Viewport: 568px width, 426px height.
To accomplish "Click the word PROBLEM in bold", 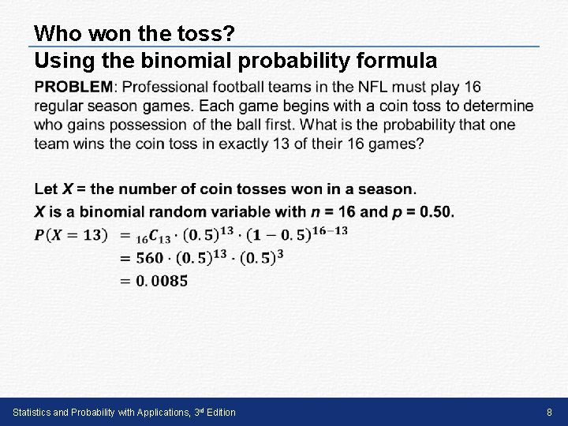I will pos(74,86).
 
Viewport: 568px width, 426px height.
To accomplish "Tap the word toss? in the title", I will pos(207,34).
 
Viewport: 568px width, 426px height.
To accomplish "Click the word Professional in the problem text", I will pos(168,86).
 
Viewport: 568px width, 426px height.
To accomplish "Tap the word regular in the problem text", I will pos(60,106).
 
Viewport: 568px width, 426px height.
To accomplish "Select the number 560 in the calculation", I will pos(149,257).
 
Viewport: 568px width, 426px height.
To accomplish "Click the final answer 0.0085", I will pos(161,280).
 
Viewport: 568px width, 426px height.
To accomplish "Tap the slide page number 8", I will pos(550,413).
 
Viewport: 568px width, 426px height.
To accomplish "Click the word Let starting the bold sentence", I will pos(46,189).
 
